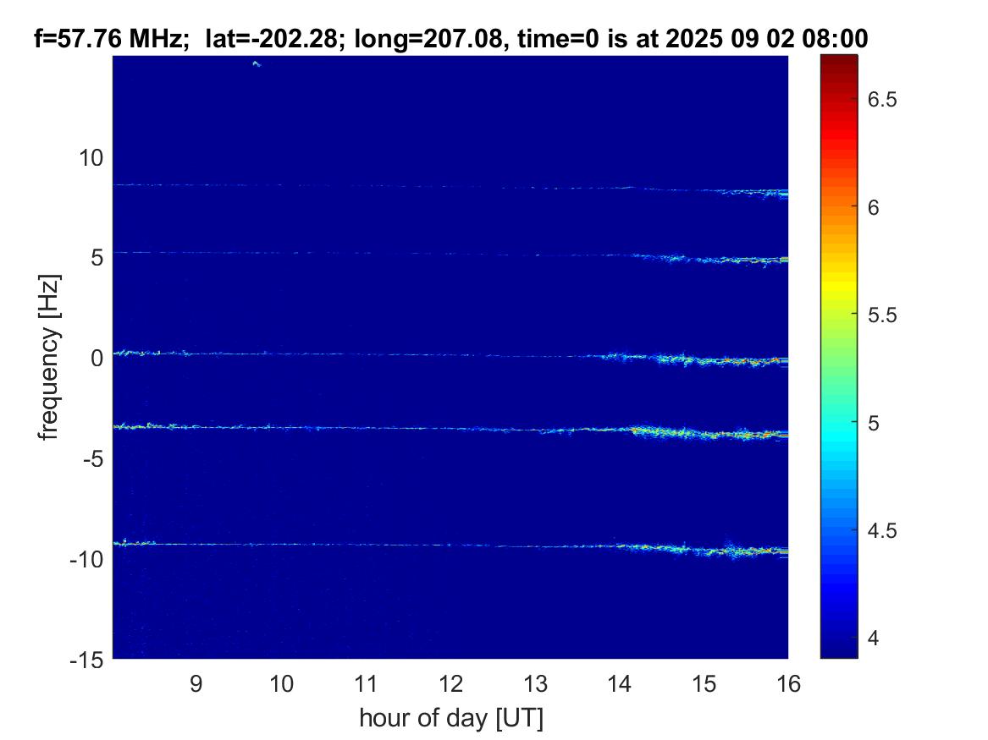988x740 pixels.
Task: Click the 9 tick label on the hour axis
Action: tap(196, 683)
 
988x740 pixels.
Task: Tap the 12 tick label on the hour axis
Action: tap(450, 683)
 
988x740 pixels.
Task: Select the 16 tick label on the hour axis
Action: tap(788, 683)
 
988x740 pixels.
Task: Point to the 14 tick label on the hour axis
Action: tap(619, 683)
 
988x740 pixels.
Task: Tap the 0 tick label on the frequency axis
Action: tap(97, 358)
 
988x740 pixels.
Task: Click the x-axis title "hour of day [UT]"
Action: tap(450, 719)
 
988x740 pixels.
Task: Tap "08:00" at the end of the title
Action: tap(836, 37)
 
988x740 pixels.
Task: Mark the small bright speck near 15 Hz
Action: tap(257, 63)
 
